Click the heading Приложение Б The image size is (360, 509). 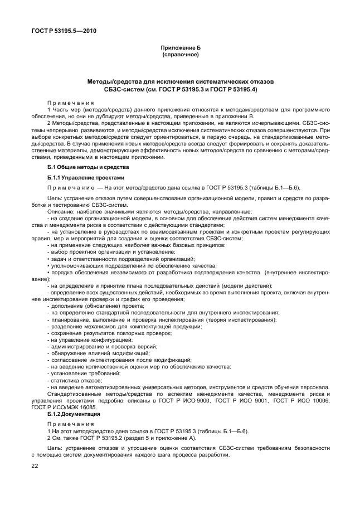click(180, 49)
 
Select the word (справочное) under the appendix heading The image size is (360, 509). click(180, 55)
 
